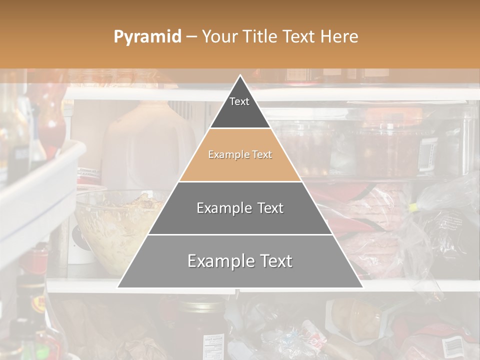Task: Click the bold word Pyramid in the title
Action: point(147,37)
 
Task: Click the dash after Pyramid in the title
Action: point(191,37)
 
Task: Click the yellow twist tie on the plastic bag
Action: point(414,206)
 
